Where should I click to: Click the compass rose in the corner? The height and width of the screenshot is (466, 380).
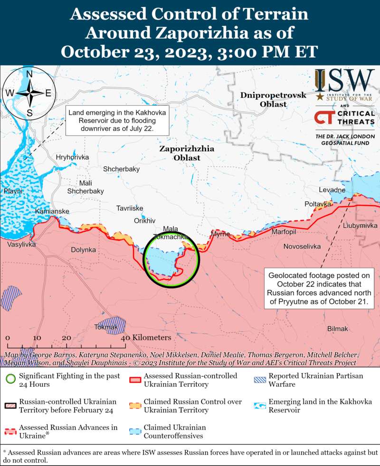click(x=29, y=93)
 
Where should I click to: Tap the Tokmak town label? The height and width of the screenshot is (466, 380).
click(x=105, y=327)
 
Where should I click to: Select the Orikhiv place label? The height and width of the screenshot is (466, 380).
click(x=145, y=220)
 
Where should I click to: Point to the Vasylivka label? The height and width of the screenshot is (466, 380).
click(x=21, y=244)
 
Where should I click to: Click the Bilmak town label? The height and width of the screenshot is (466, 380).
click(x=338, y=329)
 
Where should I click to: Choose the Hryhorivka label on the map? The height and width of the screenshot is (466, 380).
click(x=72, y=157)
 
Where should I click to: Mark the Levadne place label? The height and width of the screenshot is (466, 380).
click(x=332, y=190)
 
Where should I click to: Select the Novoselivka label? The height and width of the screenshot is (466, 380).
click(x=302, y=247)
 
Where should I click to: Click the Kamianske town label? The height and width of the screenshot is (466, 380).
click(x=52, y=211)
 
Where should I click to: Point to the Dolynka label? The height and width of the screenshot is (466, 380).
click(x=83, y=249)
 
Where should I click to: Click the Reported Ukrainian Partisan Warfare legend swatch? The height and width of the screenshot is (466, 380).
click(x=260, y=380)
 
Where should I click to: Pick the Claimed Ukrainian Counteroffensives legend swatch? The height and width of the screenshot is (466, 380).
click(x=135, y=431)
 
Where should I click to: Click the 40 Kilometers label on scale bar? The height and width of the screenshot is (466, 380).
click(x=146, y=338)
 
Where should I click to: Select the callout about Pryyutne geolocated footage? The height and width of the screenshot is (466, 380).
click(x=319, y=289)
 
